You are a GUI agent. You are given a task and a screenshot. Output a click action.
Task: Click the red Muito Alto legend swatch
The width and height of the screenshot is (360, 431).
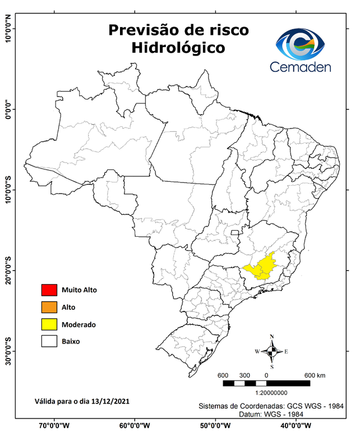[x=49, y=290]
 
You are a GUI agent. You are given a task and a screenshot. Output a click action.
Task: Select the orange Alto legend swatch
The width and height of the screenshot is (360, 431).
[x=49, y=307]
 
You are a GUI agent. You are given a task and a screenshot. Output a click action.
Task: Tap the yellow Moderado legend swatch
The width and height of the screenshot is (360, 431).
[x=49, y=324]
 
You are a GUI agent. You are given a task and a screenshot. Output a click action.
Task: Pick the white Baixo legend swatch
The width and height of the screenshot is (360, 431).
[x=49, y=341]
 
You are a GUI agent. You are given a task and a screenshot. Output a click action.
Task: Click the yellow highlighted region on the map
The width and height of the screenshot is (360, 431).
[x=264, y=266]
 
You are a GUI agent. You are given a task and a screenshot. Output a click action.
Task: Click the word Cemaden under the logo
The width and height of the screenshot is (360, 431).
[x=301, y=67]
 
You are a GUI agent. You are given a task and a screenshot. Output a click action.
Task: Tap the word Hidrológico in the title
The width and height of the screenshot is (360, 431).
[x=178, y=48]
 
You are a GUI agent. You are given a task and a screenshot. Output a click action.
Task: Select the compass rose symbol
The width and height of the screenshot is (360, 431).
[x=271, y=352]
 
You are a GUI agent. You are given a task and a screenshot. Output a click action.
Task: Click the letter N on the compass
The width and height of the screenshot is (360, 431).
[x=272, y=337]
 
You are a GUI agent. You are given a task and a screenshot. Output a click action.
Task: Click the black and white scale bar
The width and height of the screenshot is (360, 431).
[x=266, y=383]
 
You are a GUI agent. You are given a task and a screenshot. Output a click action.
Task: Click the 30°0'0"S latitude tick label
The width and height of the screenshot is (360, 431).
[x=8, y=351]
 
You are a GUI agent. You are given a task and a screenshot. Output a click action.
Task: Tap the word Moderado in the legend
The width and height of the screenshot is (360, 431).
[x=79, y=324]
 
